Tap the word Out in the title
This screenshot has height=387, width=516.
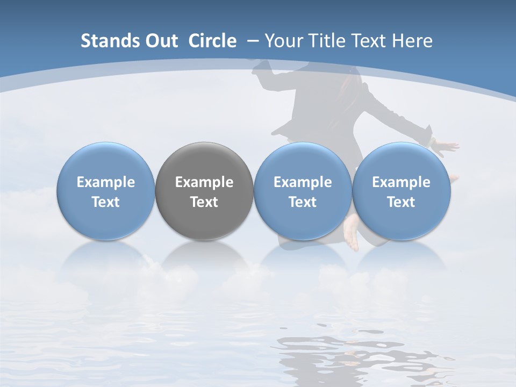160,41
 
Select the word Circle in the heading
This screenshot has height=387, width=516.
212,41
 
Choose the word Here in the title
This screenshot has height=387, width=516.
412,41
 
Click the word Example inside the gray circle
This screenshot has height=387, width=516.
204,182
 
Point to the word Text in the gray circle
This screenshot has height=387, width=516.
204,202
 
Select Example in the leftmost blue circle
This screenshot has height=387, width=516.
106,182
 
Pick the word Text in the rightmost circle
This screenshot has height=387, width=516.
402,202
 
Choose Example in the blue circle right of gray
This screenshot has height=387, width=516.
303,182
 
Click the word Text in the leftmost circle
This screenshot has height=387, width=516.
106,202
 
